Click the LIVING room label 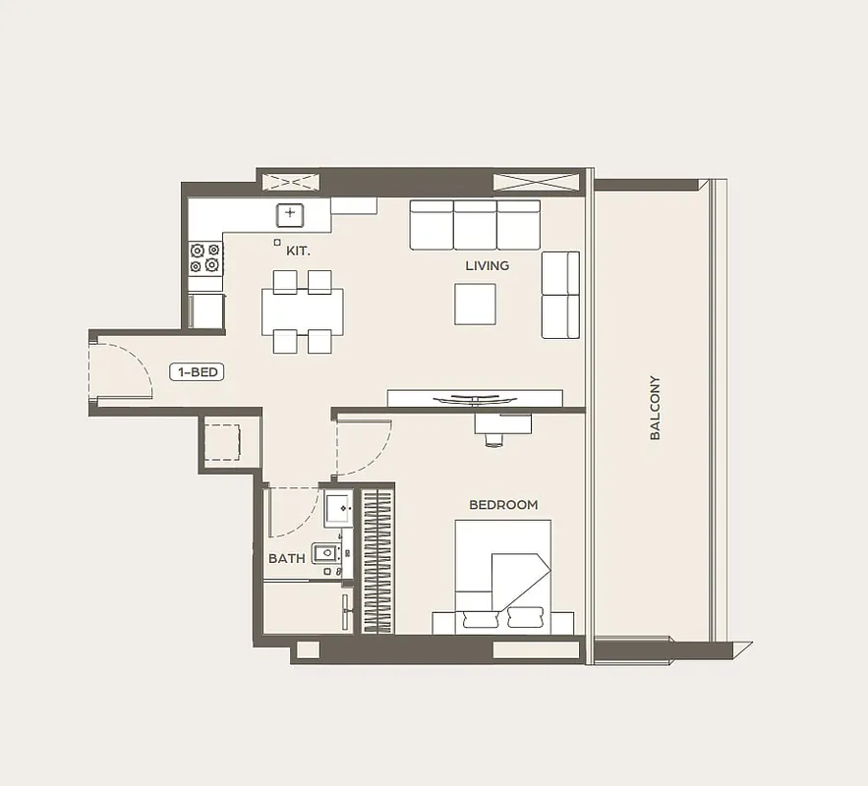[488, 265]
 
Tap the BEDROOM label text [503, 504]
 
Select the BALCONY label [655, 408]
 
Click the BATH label [287, 559]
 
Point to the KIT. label [299, 252]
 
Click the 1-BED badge [197, 372]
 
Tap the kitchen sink [290, 215]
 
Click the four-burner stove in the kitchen [204, 258]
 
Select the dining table [302, 312]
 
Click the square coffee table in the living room [475, 305]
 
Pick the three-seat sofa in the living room [475, 225]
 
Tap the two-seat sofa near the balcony [560, 295]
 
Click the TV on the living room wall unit [475, 398]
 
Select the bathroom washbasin [338, 508]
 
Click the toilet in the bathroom [325, 553]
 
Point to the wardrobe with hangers [377, 561]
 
